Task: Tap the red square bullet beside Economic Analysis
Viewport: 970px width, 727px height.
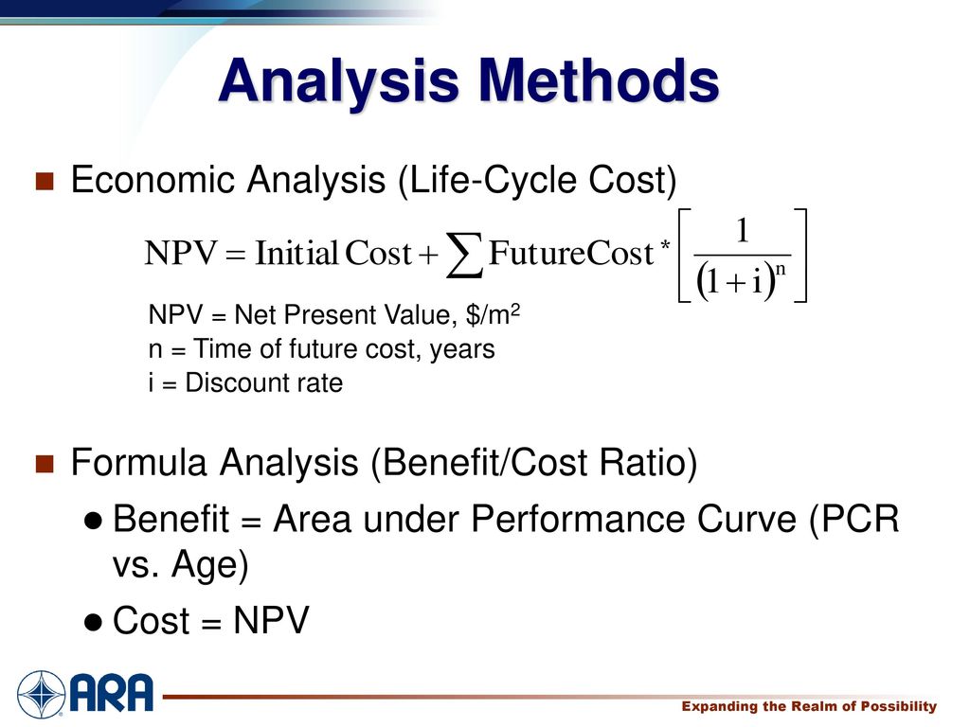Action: click(x=45, y=181)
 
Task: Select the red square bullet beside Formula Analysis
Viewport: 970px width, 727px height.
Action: click(x=45, y=464)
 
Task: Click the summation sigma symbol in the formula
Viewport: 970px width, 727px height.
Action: click(x=464, y=255)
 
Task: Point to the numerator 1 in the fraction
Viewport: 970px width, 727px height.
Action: click(x=743, y=231)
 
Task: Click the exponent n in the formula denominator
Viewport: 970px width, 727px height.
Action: click(x=781, y=270)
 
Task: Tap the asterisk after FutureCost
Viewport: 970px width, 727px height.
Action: click(x=665, y=245)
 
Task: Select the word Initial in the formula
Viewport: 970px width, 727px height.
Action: click(x=296, y=253)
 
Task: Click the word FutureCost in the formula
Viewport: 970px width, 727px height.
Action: click(x=571, y=253)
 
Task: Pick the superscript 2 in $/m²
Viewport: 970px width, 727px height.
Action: click(x=514, y=309)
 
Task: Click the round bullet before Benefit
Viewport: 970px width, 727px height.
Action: click(x=93, y=522)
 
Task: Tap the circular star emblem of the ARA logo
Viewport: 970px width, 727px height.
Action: click(x=41, y=694)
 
